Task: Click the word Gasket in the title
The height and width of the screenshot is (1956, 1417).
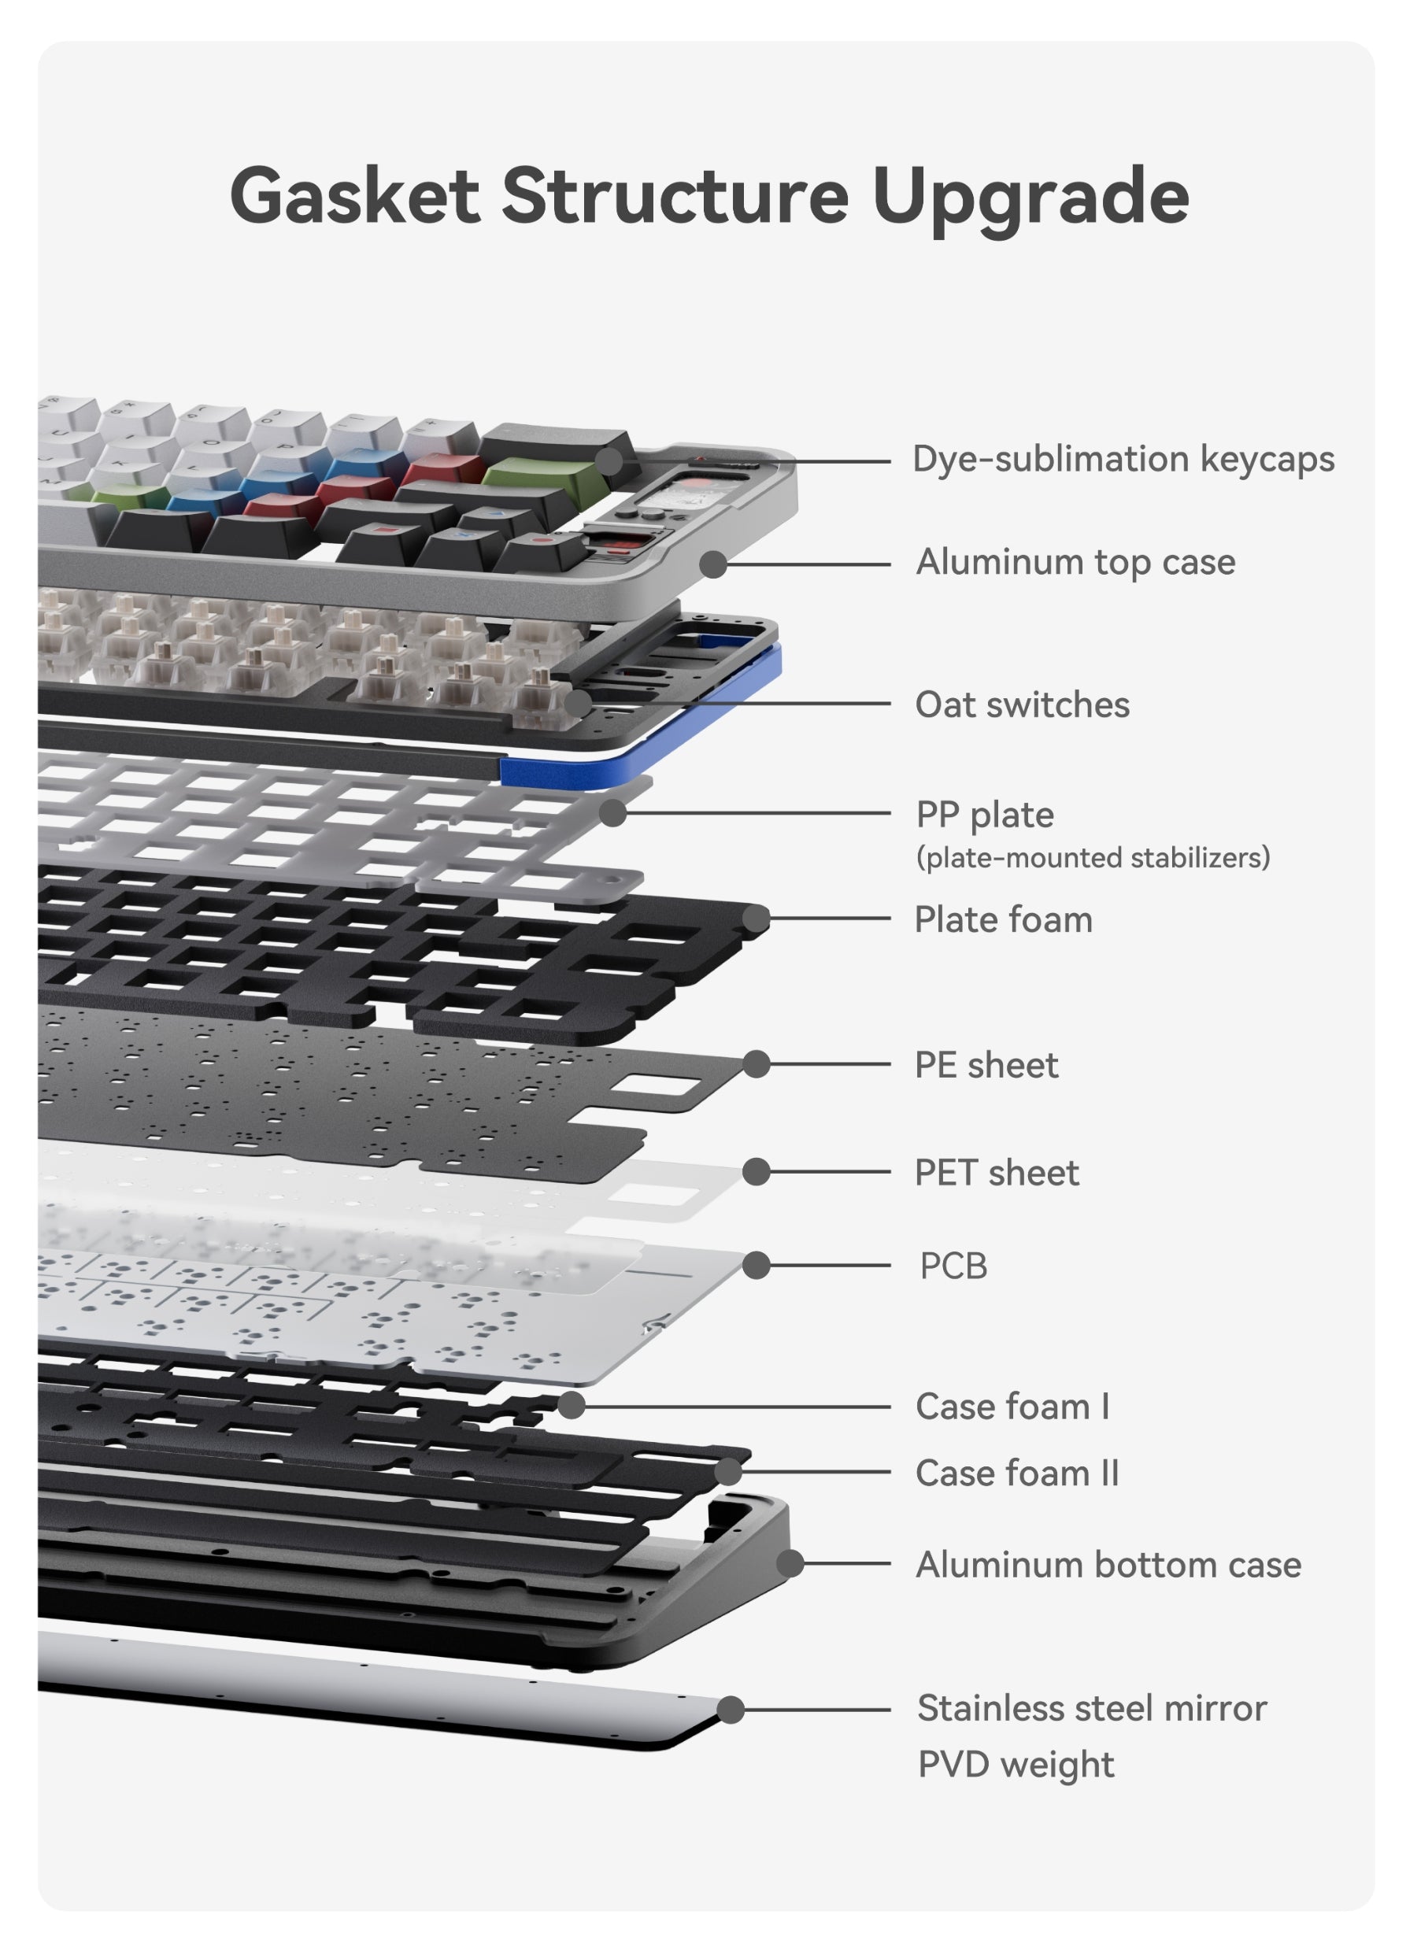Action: click(x=354, y=197)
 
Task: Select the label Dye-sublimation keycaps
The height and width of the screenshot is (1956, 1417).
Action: click(x=1123, y=459)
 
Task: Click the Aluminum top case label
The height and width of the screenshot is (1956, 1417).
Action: click(x=1075, y=562)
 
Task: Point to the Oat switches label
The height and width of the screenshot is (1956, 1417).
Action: click(x=1022, y=704)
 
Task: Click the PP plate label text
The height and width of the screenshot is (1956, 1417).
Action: click(x=984, y=814)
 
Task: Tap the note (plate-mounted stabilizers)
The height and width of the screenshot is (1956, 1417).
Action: click(x=1092, y=858)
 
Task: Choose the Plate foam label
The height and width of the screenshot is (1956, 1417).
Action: click(x=1003, y=919)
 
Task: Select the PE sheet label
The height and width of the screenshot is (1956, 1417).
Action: click(x=986, y=1065)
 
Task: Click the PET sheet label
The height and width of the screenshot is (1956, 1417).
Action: click(x=996, y=1173)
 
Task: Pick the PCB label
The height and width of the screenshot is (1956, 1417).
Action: click(x=953, y=1266)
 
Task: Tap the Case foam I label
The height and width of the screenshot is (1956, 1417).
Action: click(x=1012, y=1407)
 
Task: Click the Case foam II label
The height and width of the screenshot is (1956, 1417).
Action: click(x=1017, y=1473)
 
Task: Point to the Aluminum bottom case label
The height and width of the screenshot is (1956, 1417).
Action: click(x=1108, y=1565)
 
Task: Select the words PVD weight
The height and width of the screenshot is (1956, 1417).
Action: click(x=1015, y=1765)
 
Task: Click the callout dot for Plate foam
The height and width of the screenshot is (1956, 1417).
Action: click(x=757, y=919)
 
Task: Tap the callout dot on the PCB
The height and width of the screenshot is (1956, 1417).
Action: click(x=757, y=1265)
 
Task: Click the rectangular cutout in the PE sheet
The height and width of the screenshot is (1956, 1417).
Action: click(x=666, y=1091)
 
